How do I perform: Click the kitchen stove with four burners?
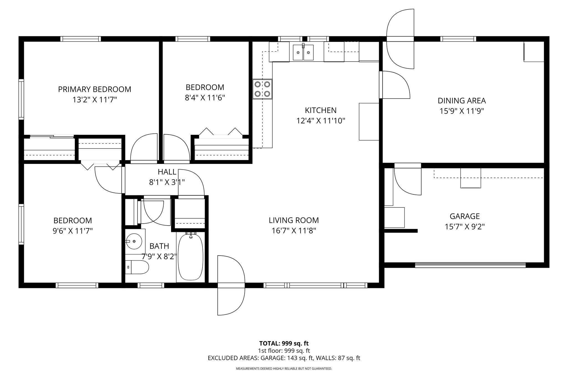tap(262, 89)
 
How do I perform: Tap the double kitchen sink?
tap(303, 52)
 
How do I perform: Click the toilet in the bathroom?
tap(137, 267)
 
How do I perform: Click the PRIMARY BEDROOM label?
tap(95, 89)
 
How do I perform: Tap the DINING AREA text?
tap(462, 100)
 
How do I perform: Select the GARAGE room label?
tap(465, 216)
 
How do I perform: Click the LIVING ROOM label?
tap(294, 220)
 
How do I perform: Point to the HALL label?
tap(167, 172)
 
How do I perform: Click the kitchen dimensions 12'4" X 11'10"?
tap(321, 121)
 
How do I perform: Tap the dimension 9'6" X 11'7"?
tap(73, 231)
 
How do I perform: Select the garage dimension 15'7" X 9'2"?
tap(465, 227)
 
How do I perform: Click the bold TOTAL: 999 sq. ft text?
tap(284, 343)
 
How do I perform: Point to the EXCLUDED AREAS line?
tap(284, 358)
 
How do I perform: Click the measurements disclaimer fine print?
tap(284, 369)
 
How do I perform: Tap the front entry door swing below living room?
tap(231, 285)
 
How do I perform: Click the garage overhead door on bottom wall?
tap(470, 265)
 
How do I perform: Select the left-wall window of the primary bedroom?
tap(21, 99)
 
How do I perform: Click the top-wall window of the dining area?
tap(458, 39)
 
